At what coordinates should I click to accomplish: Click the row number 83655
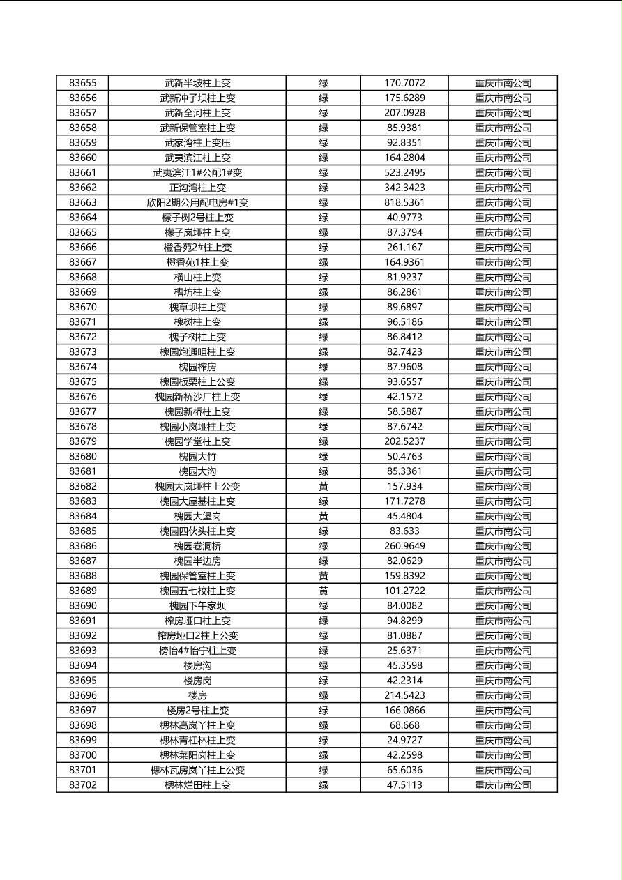[83, 83]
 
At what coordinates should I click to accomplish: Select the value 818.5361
[404, 202]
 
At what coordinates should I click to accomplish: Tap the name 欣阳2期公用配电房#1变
[197, 202]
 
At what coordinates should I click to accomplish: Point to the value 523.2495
[404, 172]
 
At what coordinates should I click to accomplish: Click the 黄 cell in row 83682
[324, 486]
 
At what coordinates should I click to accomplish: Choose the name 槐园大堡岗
[197, 516]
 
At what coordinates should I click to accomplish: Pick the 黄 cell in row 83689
[324, 591]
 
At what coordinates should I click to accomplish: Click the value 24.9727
[404, 740]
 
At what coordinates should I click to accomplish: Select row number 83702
[83, 784]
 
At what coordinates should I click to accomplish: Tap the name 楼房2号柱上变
[197, 710]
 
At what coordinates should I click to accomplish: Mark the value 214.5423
[404, 695]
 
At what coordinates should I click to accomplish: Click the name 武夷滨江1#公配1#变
[197, 172]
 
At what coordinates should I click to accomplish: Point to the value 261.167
[404, 247]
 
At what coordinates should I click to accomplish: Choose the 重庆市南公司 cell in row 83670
[503, 307]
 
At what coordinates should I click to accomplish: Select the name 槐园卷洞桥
[197, 546]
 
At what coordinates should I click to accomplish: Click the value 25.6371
[404, 651]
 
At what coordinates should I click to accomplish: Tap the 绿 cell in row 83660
[324, 158]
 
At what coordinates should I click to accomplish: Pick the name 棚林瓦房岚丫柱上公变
[197, 770]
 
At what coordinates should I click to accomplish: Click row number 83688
[83, 576]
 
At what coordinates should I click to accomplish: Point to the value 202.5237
[404, 441]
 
